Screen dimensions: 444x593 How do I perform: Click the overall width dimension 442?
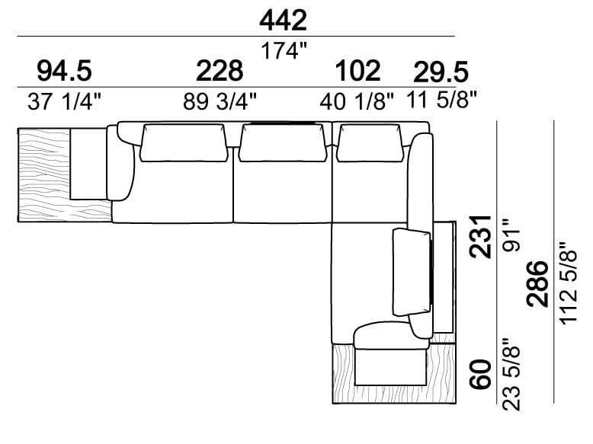click(283, 20)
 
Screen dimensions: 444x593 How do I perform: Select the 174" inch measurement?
click(284, 52)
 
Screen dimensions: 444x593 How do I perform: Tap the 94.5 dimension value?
click(64, 72)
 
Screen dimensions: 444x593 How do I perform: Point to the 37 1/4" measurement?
click(64, 102)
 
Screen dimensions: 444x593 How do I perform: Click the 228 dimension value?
click(220, 72)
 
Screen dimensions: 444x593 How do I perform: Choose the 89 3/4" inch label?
click(220, 102)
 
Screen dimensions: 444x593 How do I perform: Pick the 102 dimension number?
click(357, 72)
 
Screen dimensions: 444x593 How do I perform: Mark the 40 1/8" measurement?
click(357, 102)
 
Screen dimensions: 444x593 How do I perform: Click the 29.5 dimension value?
click(441, 72)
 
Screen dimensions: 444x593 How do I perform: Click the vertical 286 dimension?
click(537, 283)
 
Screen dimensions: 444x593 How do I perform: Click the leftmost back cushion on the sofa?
click(182, 143)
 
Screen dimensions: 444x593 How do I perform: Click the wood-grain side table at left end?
click(44, 175)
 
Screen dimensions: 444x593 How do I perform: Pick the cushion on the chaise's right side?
click(411, 271)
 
